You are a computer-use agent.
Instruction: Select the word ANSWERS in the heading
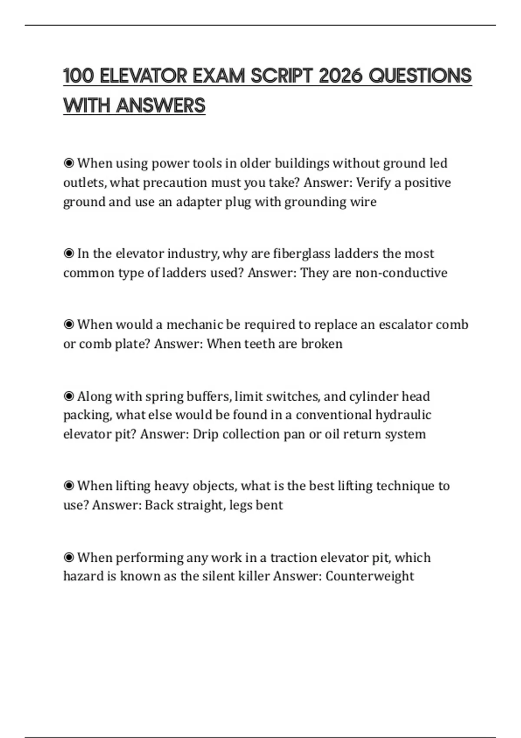point(161,105)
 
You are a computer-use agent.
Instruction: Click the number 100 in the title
point(78,76)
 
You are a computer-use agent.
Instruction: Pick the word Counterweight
point(369,577)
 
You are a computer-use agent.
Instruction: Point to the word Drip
point(205,435)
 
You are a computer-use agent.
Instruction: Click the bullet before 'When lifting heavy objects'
point(69,486)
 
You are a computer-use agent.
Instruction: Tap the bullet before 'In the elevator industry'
point(69,254)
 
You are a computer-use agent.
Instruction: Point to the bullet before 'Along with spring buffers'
point(69,396)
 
